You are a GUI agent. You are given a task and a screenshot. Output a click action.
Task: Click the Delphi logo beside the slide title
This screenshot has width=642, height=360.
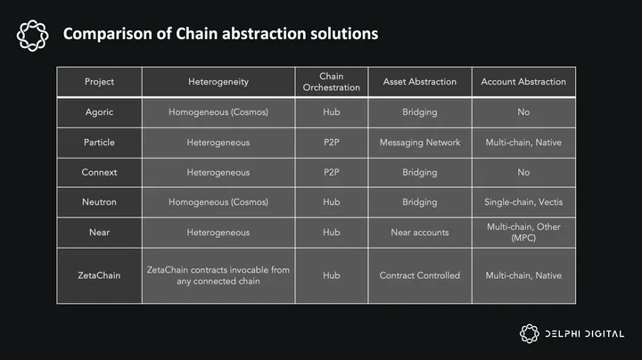coord(33,36)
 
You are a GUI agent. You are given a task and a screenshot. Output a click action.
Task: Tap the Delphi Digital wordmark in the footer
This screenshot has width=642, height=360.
coord(585,334)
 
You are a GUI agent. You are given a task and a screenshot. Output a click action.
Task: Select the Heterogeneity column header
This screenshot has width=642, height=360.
coord(218,82)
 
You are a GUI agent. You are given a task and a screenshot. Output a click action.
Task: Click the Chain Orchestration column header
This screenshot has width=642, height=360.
coord(331,82)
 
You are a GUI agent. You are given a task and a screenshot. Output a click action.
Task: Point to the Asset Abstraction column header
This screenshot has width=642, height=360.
coord(420,82)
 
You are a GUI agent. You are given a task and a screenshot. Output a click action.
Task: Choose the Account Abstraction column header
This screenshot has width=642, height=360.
coord(523,82)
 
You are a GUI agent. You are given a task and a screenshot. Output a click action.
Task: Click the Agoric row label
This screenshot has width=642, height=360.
coord(99,112)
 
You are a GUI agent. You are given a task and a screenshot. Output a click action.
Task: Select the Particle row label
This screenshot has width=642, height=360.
coord(99,143)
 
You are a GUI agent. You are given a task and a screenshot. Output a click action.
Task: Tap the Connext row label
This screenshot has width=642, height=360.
coord(99,172)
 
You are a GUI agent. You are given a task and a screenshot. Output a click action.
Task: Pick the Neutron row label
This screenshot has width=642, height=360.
coord(99,202)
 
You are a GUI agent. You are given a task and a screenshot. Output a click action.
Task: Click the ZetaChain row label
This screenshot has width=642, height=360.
coord(99,275)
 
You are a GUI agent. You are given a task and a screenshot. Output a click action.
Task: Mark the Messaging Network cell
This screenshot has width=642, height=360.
coord(420,143)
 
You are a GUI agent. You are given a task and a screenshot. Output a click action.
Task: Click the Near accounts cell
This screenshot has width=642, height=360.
coord(420,233)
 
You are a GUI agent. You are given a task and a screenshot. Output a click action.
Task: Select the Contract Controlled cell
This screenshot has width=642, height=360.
coord(420,275)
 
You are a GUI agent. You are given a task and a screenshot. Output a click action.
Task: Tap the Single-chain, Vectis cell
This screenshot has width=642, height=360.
coord(523,202)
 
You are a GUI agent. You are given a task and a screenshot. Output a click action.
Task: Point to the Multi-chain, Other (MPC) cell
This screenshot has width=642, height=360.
coord(523,233)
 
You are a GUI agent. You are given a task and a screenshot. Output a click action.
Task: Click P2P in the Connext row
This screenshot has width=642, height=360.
coord(331,172)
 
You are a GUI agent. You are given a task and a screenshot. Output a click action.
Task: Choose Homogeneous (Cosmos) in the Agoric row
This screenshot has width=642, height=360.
coord(218,112)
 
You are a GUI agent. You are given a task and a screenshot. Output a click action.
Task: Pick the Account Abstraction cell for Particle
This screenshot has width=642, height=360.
coord(523,143)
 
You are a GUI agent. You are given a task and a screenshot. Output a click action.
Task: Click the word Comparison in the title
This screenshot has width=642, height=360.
coord(107,34)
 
